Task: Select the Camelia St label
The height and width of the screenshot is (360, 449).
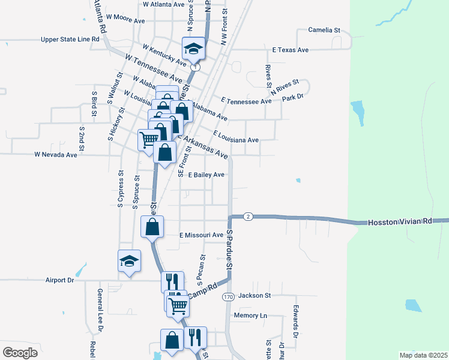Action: (324, 29)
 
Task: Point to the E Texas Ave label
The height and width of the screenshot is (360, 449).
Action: (290, 50)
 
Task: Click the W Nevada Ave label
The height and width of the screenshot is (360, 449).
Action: (56, 154)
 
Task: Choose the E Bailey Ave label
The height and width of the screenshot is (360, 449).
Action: (206, 175)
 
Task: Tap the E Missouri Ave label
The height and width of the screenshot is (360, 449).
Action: (201, 235)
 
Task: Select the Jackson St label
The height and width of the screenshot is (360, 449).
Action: (255, 295)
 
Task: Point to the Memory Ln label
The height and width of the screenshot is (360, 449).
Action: (250, 315)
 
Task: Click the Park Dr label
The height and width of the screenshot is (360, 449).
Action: (292, 97)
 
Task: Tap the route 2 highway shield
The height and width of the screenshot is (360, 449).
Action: (248, 216)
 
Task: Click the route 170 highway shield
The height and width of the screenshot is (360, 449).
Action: (228, 297)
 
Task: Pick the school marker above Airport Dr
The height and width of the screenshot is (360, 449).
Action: (129, 261)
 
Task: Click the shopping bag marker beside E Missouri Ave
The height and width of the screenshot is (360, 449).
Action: (152, 227)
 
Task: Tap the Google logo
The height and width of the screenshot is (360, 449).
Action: (20, 353)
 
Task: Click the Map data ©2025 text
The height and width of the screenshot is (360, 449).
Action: (423, 355)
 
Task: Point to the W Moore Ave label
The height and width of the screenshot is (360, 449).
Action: (125, 20)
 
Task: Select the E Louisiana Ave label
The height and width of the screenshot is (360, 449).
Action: (235, 140)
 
